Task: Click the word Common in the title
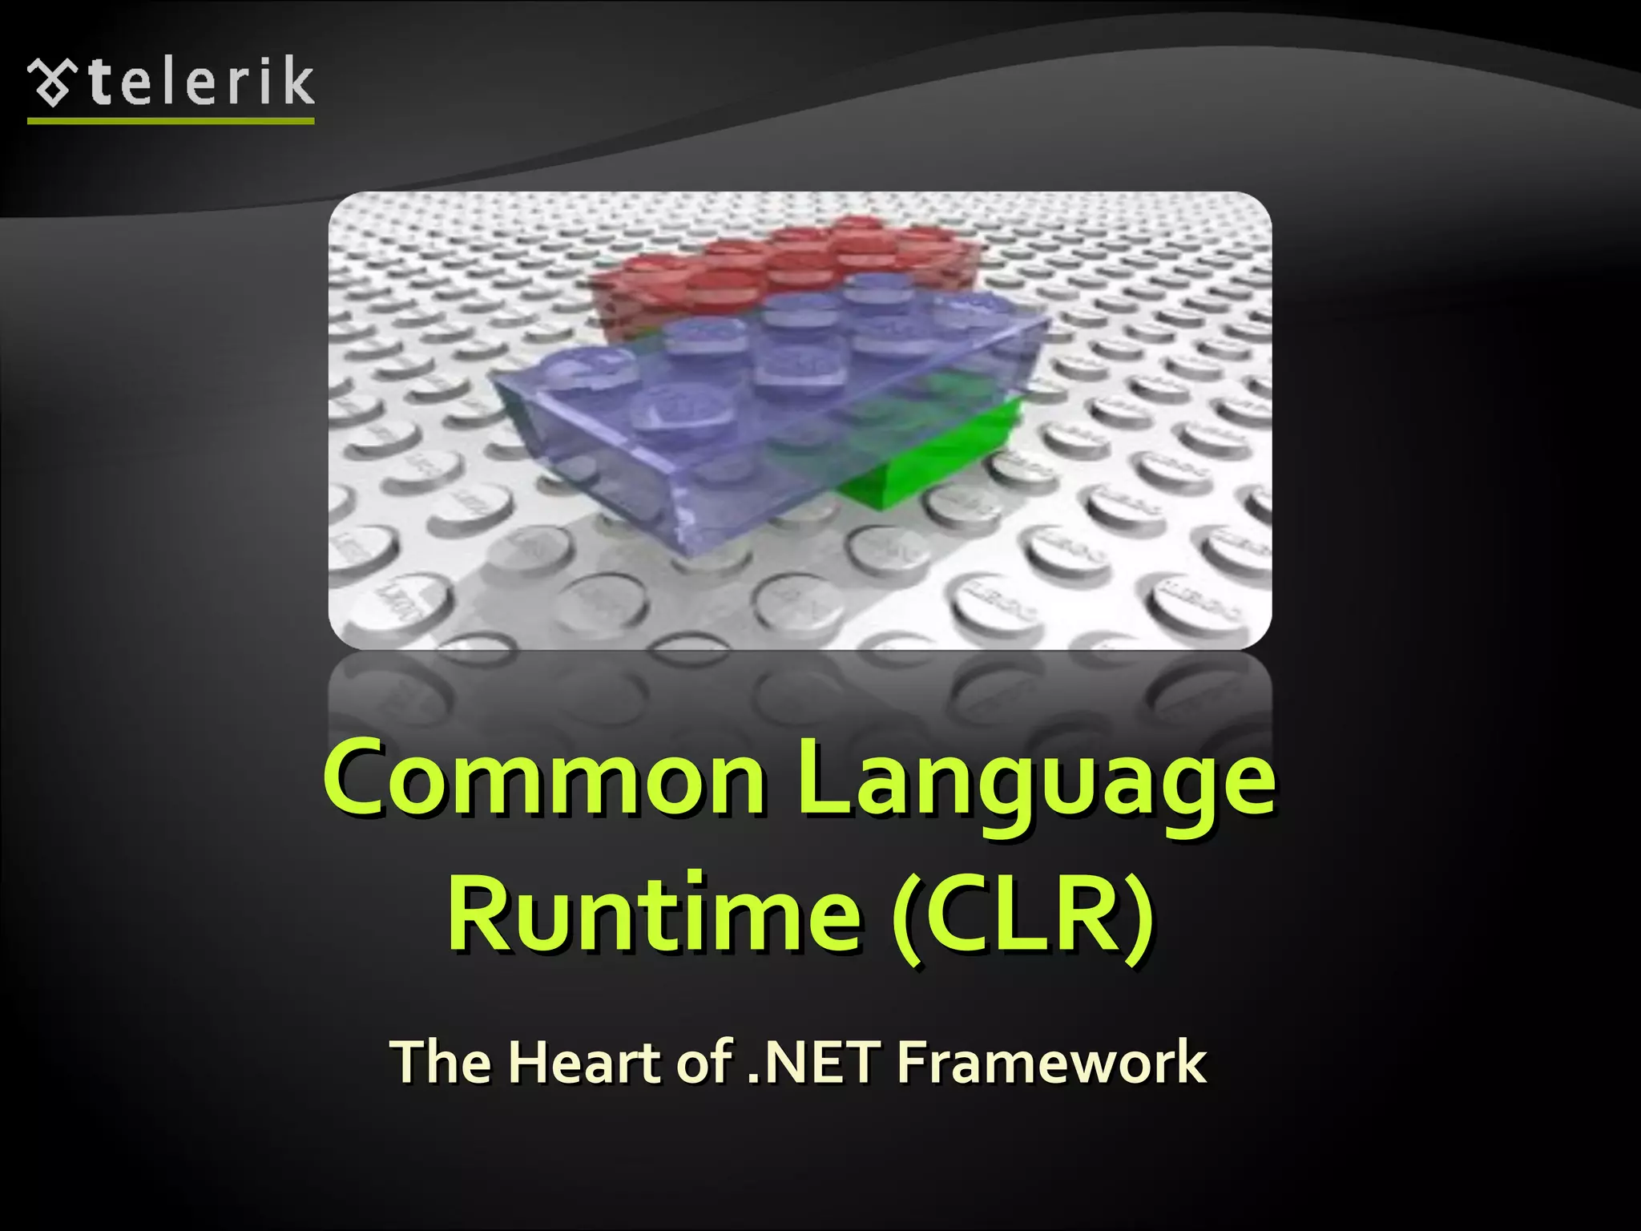click(544, 777)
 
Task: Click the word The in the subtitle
click(441, 1062)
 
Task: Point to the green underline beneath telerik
click(171, 121)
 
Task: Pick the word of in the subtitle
click(706, 1062)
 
